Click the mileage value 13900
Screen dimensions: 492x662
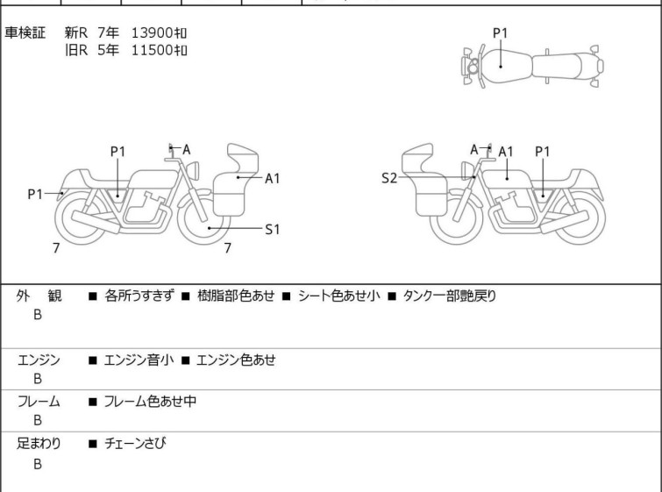153,32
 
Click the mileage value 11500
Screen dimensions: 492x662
153,50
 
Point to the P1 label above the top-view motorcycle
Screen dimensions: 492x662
500,33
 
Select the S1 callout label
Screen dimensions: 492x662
272,230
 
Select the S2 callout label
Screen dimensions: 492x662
389,178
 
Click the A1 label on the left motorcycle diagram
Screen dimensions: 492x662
272,178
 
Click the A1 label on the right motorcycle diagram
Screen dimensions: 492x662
506,152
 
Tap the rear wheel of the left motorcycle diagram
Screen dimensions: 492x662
83,219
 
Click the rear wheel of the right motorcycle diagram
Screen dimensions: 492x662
575,219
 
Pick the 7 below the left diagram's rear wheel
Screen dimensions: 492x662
56,248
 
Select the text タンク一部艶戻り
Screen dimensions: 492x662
449,296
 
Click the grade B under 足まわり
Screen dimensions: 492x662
38,465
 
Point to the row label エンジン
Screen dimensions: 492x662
39,360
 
